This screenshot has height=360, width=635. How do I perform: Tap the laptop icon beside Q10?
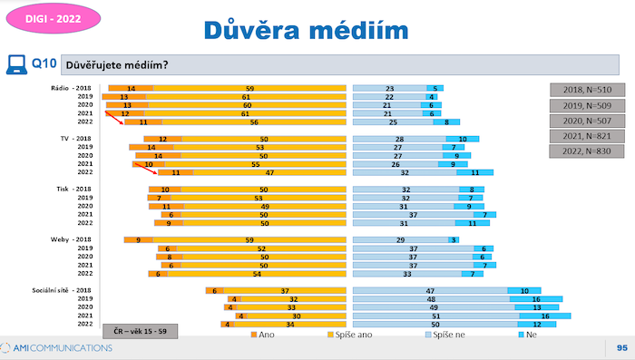click(x=15, y=63)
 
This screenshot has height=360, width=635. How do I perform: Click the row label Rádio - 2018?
click(x=73, y=88)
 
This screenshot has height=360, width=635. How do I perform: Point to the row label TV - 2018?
click(x=77, y=139)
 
